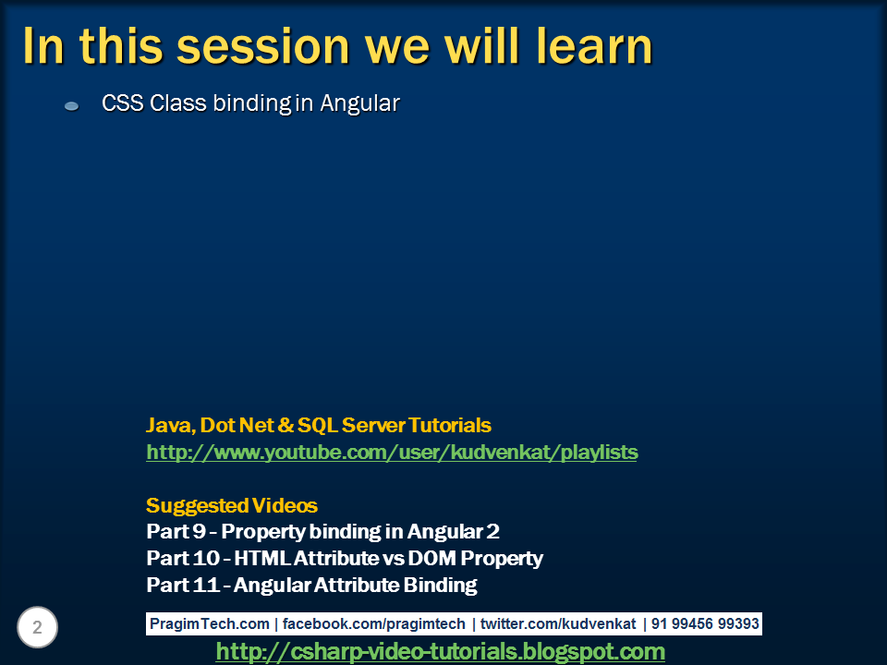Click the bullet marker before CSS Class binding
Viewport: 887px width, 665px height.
72,107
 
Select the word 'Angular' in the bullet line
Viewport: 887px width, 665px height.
359,103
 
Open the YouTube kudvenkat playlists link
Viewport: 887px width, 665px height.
392,453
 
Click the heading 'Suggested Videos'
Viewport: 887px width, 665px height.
232,506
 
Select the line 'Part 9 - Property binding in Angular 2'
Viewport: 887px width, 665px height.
323,532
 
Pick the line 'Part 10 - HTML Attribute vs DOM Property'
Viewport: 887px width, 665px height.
345,559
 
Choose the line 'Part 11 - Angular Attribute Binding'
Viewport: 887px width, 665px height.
311,585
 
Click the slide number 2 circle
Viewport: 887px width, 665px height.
37,628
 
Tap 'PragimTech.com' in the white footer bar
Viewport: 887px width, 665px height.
210,624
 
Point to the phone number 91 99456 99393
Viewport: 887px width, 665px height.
705,624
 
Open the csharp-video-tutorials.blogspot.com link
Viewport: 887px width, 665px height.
440,652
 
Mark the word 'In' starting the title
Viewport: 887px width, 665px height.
42,46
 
